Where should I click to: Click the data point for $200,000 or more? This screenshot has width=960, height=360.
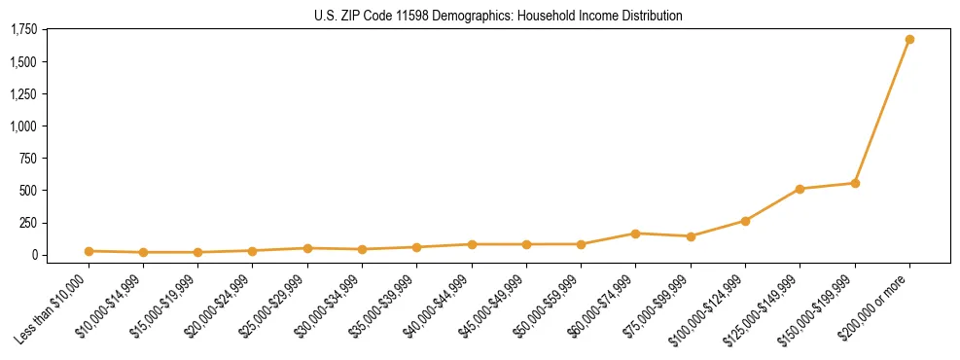tap(909, 40)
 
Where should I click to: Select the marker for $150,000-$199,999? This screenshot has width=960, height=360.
tap(855, 183)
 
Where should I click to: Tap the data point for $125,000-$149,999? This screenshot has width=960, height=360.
tap(800, 189)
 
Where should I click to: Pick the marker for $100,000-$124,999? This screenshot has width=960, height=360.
tap(745, 221)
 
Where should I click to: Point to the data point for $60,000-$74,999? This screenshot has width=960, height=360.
tap(635, 234)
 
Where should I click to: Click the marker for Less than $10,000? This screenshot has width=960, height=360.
tap(89, 251)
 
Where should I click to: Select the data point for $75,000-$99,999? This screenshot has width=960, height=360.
tap(691, 236)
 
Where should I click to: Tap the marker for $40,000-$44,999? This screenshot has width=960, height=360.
tap(472, 244)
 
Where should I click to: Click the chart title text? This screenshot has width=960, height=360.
tap(499, 16)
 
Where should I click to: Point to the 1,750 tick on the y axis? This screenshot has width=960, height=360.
tap(22, 30)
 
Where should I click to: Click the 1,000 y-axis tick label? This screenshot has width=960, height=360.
tap(22, 126)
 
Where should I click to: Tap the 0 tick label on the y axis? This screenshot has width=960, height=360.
tap(33, 255)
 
